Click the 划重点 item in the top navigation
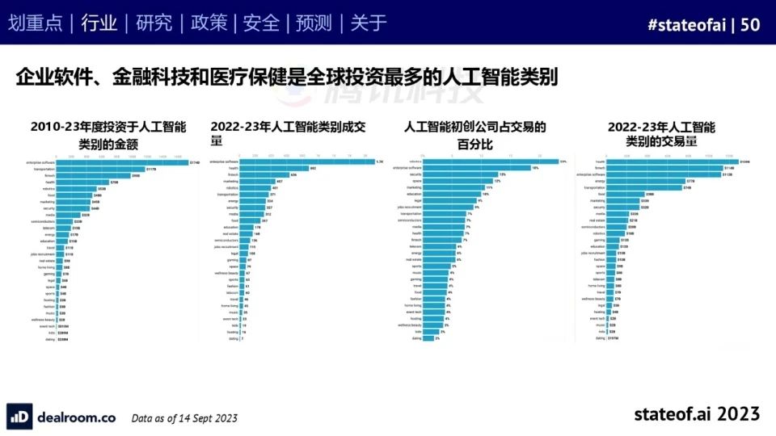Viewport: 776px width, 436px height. coord(35,23)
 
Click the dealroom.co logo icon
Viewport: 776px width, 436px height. coord(19,416)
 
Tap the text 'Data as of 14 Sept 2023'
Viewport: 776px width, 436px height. coord(184,417)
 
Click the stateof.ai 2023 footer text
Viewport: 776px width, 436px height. coord(697,414)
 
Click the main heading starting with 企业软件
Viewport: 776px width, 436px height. coord(287,78)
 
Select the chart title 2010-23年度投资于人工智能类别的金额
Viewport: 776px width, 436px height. coord(108,135)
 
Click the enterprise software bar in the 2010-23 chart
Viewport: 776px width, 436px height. coord(121,162)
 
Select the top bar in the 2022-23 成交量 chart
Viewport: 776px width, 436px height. coord(291,161)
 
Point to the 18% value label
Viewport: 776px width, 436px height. coord(535,168)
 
